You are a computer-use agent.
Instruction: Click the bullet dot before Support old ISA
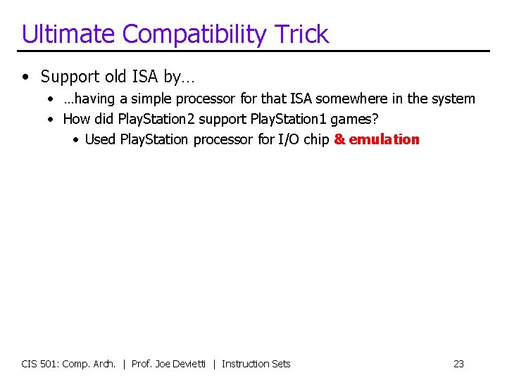tap(25, 76)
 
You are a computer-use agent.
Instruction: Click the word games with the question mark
tap(360, 119)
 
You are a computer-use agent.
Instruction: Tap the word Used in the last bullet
tap(100, 139)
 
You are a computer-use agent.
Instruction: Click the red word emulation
tap(384, 139)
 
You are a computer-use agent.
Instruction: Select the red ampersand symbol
tap(339, 139)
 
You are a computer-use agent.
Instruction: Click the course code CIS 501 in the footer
tap(40, 364)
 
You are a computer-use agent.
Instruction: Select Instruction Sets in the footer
tap(256, 364)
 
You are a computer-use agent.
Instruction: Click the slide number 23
tap(458, 364)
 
